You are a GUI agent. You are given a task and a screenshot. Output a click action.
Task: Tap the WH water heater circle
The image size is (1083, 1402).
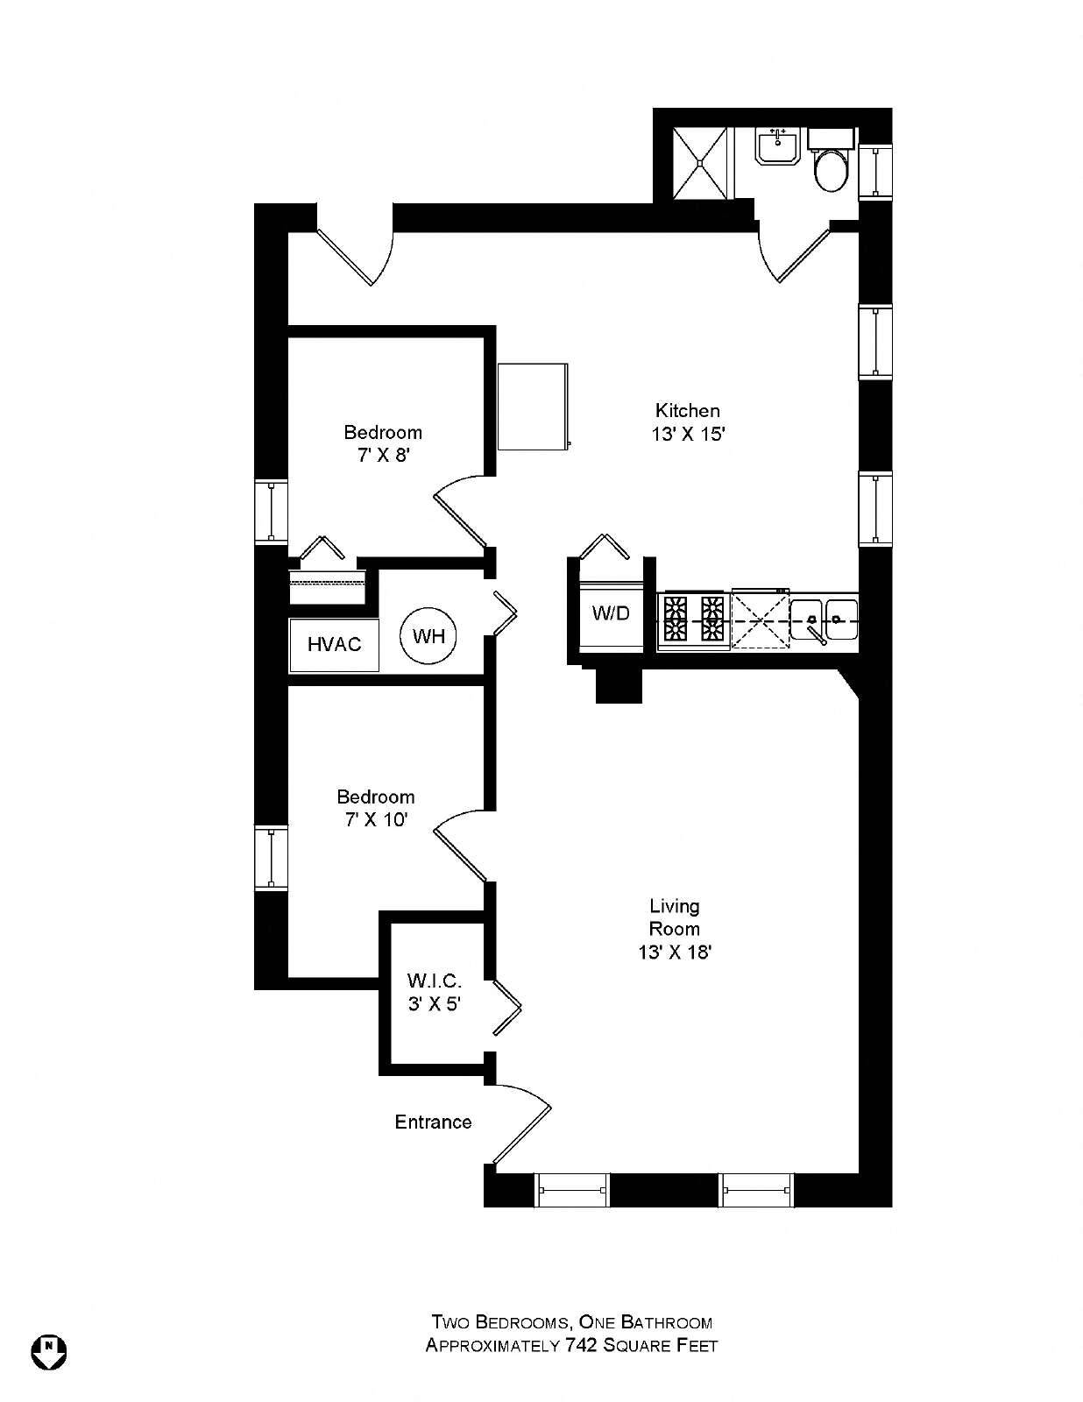428,636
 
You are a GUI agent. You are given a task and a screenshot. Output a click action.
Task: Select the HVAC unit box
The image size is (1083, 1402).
334,645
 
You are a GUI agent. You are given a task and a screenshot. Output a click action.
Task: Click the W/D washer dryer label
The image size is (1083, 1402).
611,612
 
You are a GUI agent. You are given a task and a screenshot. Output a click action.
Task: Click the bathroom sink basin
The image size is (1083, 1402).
779,146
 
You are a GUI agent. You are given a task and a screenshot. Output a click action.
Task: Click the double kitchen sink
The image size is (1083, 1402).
825,620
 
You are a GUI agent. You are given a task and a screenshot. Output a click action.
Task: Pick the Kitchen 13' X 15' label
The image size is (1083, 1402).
688,422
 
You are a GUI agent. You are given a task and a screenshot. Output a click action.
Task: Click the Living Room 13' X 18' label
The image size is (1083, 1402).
675,929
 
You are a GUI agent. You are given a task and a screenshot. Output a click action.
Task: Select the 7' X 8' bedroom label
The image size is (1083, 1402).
383,443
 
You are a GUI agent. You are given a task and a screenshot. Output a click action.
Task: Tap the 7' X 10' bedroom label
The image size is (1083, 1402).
376,808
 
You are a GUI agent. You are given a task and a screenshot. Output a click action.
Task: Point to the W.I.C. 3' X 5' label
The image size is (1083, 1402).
434,992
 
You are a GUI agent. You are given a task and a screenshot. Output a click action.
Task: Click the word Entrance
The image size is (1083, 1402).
433,1122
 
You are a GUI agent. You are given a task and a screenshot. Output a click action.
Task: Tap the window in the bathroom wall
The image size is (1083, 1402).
875,170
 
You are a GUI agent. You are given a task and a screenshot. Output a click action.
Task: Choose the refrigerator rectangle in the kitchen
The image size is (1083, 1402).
534,407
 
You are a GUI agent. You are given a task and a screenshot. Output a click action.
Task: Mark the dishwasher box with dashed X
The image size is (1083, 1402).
761,619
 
